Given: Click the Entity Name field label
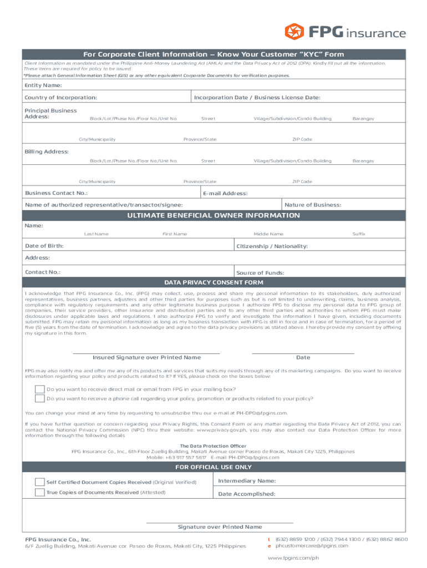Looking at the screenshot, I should click(43, 85).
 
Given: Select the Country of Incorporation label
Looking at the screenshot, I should click(61, 98).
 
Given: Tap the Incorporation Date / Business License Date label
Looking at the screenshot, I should click(257, 98).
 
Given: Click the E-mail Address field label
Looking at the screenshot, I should click(226, 194).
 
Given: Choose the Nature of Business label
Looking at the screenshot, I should click(313, 205).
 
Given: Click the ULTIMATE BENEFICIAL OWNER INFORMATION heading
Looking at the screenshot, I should click(213, 216).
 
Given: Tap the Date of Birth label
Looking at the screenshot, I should click(44, 246).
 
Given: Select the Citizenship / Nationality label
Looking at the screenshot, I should click(272, 246).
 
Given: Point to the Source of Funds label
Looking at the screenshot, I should click(260, 273).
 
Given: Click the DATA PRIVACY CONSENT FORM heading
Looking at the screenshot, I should click(213, 282).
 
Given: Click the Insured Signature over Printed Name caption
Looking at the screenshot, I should click(146, 358).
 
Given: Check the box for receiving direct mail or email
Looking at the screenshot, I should click(40, 389).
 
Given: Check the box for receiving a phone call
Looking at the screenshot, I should click(40, 398).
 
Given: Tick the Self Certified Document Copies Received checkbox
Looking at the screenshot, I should click(40, 482).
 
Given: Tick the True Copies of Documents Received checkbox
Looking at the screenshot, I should click(40, 493).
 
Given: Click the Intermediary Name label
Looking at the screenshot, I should click(247, 481).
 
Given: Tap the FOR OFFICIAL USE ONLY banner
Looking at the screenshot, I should click(213, 468).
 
